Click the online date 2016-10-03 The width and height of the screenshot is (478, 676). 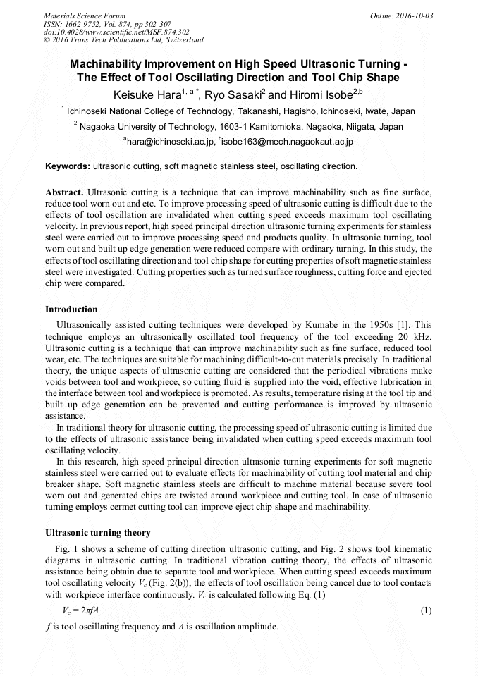pyautogui.click(x=412, y=16)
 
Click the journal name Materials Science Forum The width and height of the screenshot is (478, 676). pyautogui.click(x=85, y=16)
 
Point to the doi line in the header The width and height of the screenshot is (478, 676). pyautogui.click(x=116, y=32)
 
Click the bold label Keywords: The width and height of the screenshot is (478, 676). pyautogui.click(x=68, y=166)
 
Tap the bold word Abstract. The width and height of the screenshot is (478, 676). pyautogui.click(x=64, y=192)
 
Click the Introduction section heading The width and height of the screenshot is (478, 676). pyautogui.click(x=71, y=309)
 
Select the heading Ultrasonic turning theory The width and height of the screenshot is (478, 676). pyautogui.click(x=97, y=532)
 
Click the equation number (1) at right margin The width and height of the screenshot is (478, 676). pyautogui.click(x=426, y=610)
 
